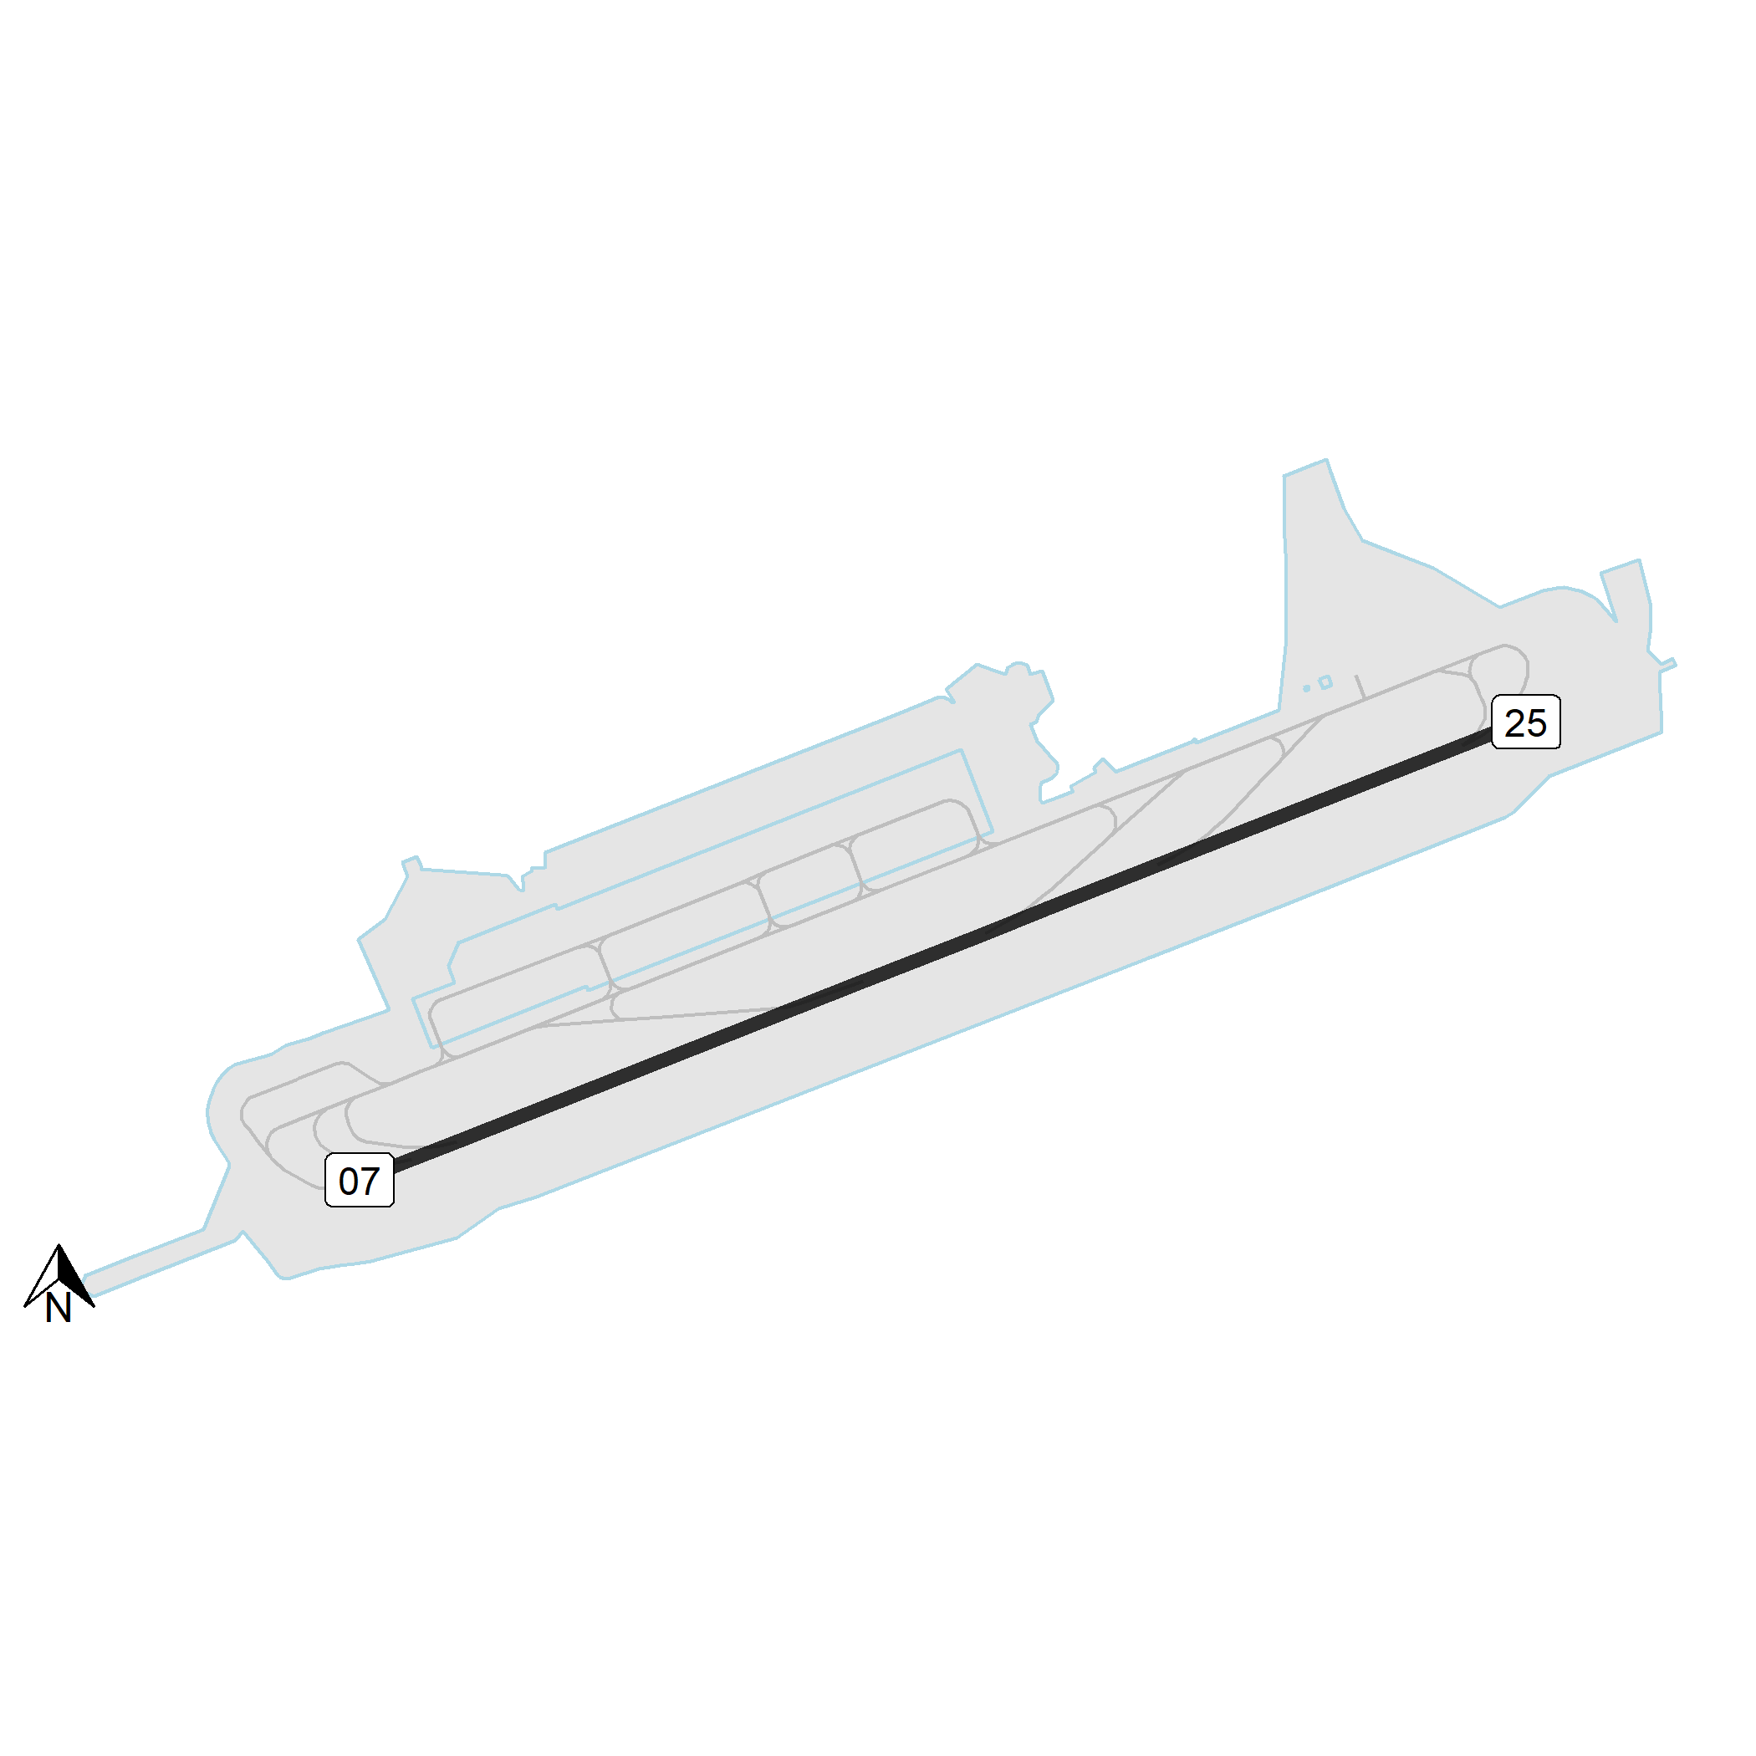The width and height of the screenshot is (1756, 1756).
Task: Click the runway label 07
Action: [x=359, y=1181]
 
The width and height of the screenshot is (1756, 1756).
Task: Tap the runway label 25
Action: [x=1526, y=722]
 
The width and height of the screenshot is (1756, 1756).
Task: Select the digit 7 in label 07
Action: [x=370, y=1182]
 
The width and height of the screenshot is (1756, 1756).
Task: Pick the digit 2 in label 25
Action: [x=1515, y=723]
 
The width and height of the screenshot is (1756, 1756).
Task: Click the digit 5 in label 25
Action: [x=1537, y=723]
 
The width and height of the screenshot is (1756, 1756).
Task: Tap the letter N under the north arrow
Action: [x=59, y=1308]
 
